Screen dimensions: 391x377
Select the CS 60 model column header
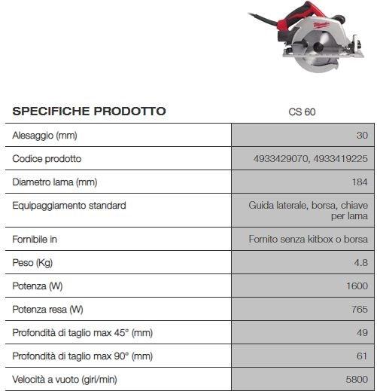(x=302, y=112)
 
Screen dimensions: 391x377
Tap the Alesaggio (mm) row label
(x=45, y=136)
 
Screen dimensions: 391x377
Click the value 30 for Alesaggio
(x=362, y=136)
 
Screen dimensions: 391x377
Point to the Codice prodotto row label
(x=47, y=159)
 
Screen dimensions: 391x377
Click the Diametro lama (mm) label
(x=55, y=182)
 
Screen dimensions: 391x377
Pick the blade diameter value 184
(x=359, y=182)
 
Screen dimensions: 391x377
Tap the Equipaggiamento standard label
(x=69, y=205)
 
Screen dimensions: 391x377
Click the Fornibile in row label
(x=35, y=240)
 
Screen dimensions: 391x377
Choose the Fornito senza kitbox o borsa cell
(x=308, y=240)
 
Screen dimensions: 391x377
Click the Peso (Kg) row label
(x=34, y=263)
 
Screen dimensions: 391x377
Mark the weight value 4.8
(x=360, y=263)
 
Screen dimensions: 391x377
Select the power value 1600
(x=357, y=286)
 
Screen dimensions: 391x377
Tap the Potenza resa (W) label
(x=47, y=309)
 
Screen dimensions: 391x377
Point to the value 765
(x=359, y=309)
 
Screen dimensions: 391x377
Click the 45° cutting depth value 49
(x=362, y=332)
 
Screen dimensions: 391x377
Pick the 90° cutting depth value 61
(x=362, y=356)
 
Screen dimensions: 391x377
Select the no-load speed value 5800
(x=357, y=379)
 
